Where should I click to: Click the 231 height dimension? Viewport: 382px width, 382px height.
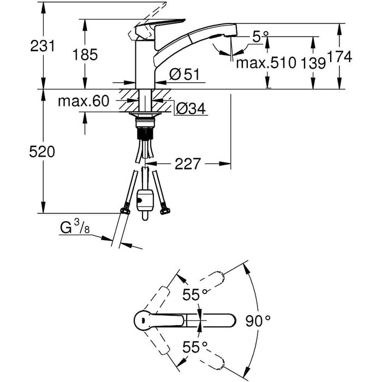(43, 46)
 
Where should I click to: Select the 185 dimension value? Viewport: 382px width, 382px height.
(85, 55)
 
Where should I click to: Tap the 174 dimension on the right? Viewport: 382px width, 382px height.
(339, 57)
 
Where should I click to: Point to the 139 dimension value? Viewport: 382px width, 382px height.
(313, 63)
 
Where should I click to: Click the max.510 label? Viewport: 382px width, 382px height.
(266, 63)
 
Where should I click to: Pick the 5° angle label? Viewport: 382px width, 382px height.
(260, 37)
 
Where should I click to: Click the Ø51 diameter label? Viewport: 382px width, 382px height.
(184, 74)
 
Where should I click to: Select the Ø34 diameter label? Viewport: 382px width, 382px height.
(190, 109)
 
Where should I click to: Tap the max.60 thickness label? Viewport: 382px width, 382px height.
(83, 101)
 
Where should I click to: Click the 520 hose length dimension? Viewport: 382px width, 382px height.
(42, 152)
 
